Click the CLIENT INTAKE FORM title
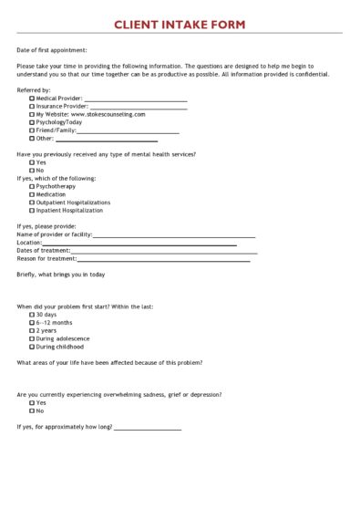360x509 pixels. tap(180, 24)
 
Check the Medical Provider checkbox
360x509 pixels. tap(32, 98)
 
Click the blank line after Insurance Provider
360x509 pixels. tap(139, 108)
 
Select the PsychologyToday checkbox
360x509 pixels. tap(32, 122)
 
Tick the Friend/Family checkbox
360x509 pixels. tap(32, 130)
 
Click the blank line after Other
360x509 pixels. tap(107, 140)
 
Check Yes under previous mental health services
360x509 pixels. tap(32, 162)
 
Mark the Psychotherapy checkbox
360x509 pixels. tap(32, 186)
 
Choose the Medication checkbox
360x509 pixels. tap(32, 194)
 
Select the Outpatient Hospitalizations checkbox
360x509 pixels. tap(32, 203)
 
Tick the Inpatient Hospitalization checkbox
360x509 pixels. tap(32, 211)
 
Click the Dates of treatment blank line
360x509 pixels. tap(164, 252)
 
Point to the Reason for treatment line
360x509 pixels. tap(163, 260)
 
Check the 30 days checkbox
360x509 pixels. tap(32, 314)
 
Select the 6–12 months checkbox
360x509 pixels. tap(32, 322)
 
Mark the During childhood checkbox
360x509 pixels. tap(32, 347)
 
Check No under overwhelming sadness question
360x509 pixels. tap(32, 410)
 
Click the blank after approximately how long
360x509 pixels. tap(148, 429)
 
